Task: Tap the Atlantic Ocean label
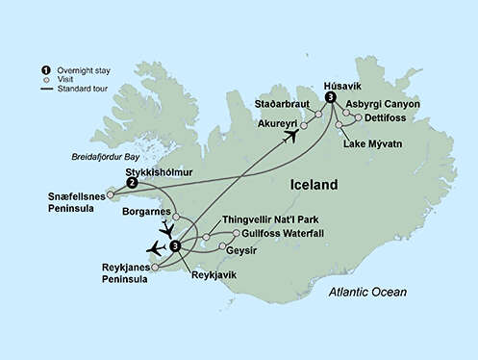(x=366, y=292)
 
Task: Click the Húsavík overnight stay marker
(x=330, y=97)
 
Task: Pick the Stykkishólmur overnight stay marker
(x=132, y=182)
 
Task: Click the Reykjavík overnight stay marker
(x=174, y=246)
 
